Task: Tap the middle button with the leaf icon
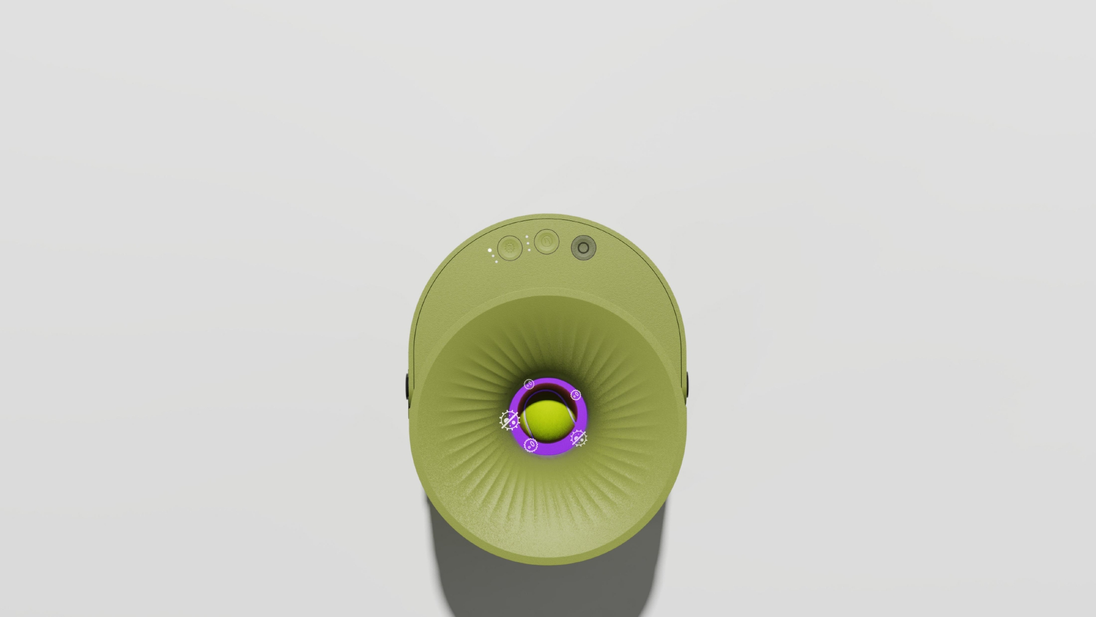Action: (x=547, y=241)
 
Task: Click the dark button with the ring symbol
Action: (x=584, y=247)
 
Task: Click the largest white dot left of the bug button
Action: (x=490, y=250)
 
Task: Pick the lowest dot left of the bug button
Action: (x=496, y=262)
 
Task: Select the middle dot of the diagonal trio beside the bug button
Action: (x=493, y=256)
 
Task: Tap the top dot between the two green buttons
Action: (x=527, y=237)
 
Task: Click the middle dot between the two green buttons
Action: (x=528, y=244)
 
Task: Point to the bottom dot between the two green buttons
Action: (x=529, y=250)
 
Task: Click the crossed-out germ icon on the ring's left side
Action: (x=510, y=420)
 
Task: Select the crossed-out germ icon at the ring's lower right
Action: (x=579, y=438)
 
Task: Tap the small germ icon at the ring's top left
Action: (x=529, y=384)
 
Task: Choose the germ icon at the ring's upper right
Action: (x=575, y=395)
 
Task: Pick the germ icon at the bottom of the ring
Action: (x=531, y=445)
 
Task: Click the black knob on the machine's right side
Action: (x=687, y=384)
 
